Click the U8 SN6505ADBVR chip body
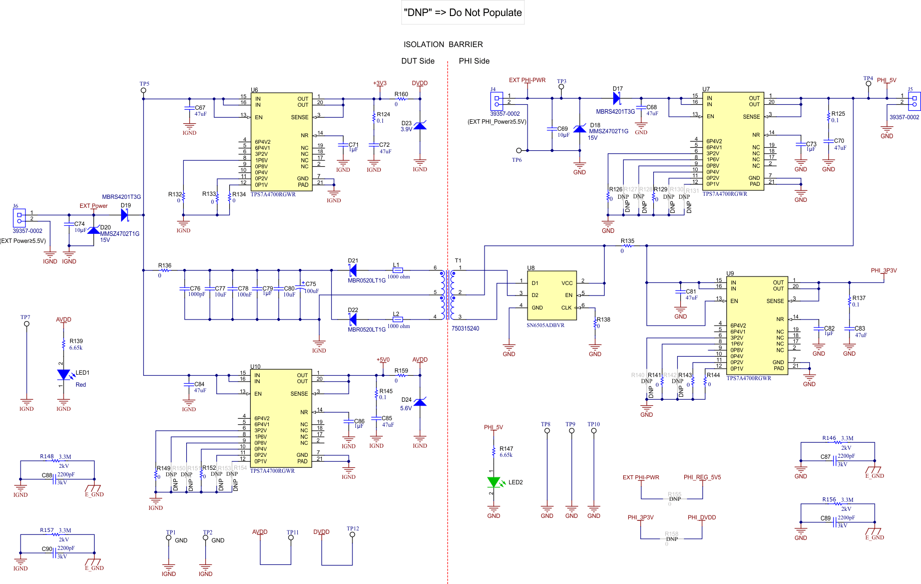point(553,296)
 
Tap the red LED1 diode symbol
point(64,374)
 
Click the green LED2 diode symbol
point(494,482)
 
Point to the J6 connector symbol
point(19,218)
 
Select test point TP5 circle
point(144,91)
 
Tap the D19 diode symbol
point(125,215)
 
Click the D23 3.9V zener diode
point(420,125)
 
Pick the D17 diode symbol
point(617,99)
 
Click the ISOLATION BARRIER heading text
point(443,45)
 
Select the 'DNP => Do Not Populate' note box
point(463,13)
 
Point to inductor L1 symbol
point(397,270)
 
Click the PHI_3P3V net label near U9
point(883,270)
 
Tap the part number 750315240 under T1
point(465,329)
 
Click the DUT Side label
point(417,61)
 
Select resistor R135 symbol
point(627,246)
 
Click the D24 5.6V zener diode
point(420,402)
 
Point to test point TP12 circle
point(352,534)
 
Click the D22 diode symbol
point(352,319)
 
